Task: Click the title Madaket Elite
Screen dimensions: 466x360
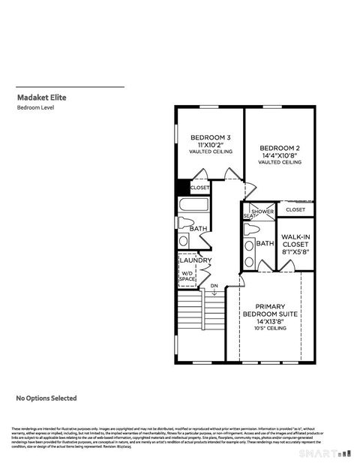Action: tap(39, 98)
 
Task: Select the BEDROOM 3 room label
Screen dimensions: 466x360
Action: tap(210, 137)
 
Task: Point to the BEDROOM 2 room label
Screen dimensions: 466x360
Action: tap(280, 148)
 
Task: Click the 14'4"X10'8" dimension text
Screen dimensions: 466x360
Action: tap(280, 155)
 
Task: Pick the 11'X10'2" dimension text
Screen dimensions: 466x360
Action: tap(210, 143)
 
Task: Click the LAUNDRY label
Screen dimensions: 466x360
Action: tap(195, 260)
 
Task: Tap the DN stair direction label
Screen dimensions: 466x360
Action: tap(214, 286)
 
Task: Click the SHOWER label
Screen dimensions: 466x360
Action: tap(262, 211)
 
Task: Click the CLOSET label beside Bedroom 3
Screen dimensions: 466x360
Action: tap(199, 188)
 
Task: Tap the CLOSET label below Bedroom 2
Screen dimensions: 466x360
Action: tap(295, 209)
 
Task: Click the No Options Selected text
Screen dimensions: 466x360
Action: tap(46, 398)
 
